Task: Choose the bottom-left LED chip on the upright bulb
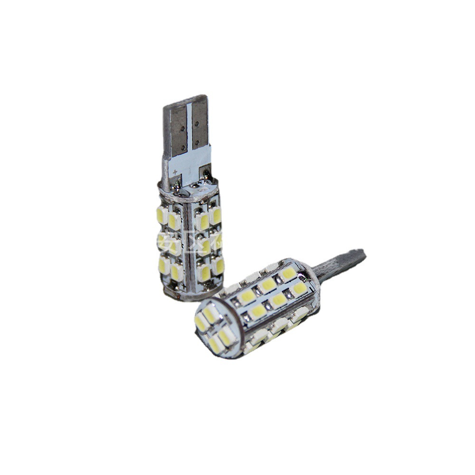[x=164, y=265]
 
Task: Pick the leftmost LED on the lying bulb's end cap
[x=200, y=323]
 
